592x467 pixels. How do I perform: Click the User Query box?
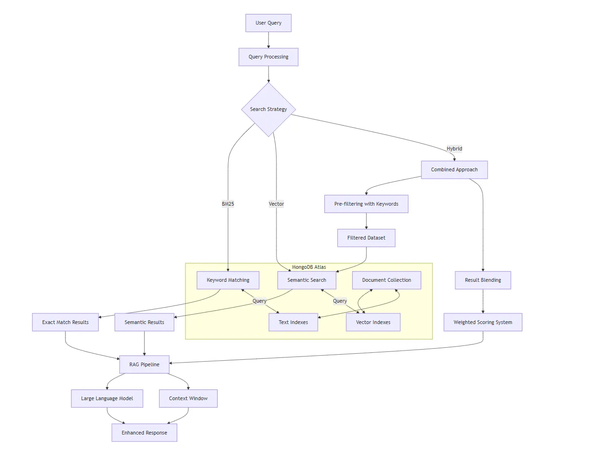click(x=268, y=23)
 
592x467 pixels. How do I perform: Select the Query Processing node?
click(x=268, y=57)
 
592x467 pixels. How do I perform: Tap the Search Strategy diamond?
click(x=268, y=110)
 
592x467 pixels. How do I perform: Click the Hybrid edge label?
click(x=454, y=149)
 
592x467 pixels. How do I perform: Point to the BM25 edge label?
click(x=228, y=204)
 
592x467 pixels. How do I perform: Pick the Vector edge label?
click(x=276, y=204)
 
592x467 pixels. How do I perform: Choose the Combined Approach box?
click(x=454, y=169)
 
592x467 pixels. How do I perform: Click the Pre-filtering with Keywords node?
click(x=366, y=204)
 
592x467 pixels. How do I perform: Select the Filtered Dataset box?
click(x=366, y=238)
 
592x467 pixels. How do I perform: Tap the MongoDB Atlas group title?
click(x=309, y=267)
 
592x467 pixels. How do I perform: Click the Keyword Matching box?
click(x=228, y=280)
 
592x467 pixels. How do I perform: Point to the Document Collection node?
click(x=386, y=280)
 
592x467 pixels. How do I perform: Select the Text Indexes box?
click(x=293, y=322)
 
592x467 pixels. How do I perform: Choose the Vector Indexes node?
click(x=373, y=322)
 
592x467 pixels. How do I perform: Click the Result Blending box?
click(x=483, y=280)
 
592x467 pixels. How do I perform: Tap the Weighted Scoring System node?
click(x=483, y=322)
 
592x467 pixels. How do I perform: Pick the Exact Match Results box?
click(x=65, y=322)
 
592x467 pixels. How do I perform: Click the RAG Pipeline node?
click(x=144, y=364)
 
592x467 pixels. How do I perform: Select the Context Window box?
click(x=188, y=398)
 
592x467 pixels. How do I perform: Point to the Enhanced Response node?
click(x=144, y=433)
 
